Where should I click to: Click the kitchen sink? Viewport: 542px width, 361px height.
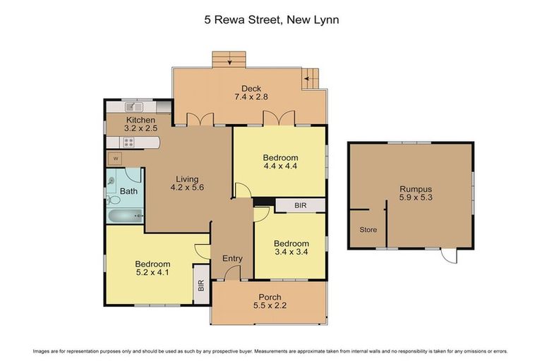pyautogui.click(x=133, y=107)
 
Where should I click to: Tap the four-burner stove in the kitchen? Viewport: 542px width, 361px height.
pyautogui.click(x=129, y=141)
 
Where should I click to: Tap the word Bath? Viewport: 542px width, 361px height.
pyautogui.click(x=128, y=191)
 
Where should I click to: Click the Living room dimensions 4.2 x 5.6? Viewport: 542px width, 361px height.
pyautogui.click(x=188, y=188)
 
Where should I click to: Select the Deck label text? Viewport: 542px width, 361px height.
pyautogui.click(x=251, y=88)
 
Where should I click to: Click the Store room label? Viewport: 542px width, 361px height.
pyautogui.click(x=368, y=230)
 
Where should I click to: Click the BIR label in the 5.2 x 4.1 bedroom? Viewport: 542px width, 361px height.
pyautogui.click(x=201, y=286)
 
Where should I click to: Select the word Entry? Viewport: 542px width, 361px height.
pyautogui.click(x=232, y=259)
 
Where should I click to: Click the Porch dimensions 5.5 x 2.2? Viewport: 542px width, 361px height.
pyautogui.click(x=270, y=306)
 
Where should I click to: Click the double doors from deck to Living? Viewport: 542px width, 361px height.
pyautogui.click(x=204, y=119)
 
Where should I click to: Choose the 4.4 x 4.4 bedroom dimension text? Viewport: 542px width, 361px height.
pyautogui.click(x=280, y=167)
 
